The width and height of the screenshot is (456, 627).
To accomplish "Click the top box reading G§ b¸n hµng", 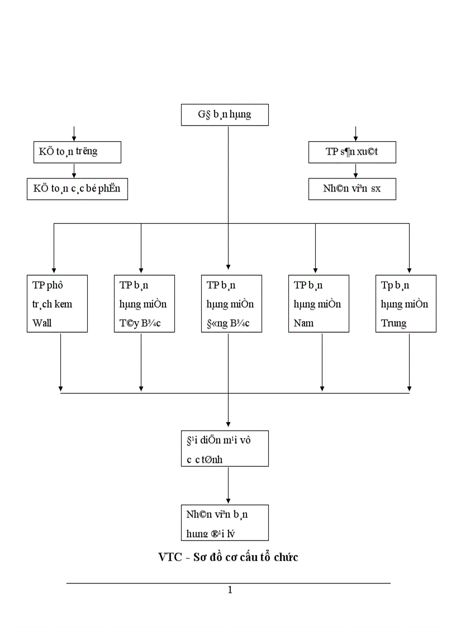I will pos(225,115).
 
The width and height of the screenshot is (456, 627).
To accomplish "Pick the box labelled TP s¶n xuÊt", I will pos(352,152).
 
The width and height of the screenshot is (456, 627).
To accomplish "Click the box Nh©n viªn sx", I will pos(352,189).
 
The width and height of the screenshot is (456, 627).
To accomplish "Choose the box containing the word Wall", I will pos(57,304).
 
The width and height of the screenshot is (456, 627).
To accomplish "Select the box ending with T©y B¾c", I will pos(144,304).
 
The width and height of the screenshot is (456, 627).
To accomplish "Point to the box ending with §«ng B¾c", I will pos(231,304).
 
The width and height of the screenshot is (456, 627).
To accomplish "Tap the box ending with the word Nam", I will pos(319,304).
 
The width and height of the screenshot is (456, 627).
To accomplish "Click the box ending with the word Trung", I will pos(406,304).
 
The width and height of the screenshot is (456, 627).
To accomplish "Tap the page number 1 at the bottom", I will pos(230,590).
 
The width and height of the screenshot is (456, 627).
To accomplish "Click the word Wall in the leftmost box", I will pos(42,323).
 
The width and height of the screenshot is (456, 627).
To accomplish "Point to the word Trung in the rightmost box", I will pos(393,323).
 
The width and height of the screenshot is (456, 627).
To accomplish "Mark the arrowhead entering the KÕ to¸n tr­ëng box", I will pos(74,138).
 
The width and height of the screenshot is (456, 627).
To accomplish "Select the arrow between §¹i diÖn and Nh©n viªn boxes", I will pos(228,486).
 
